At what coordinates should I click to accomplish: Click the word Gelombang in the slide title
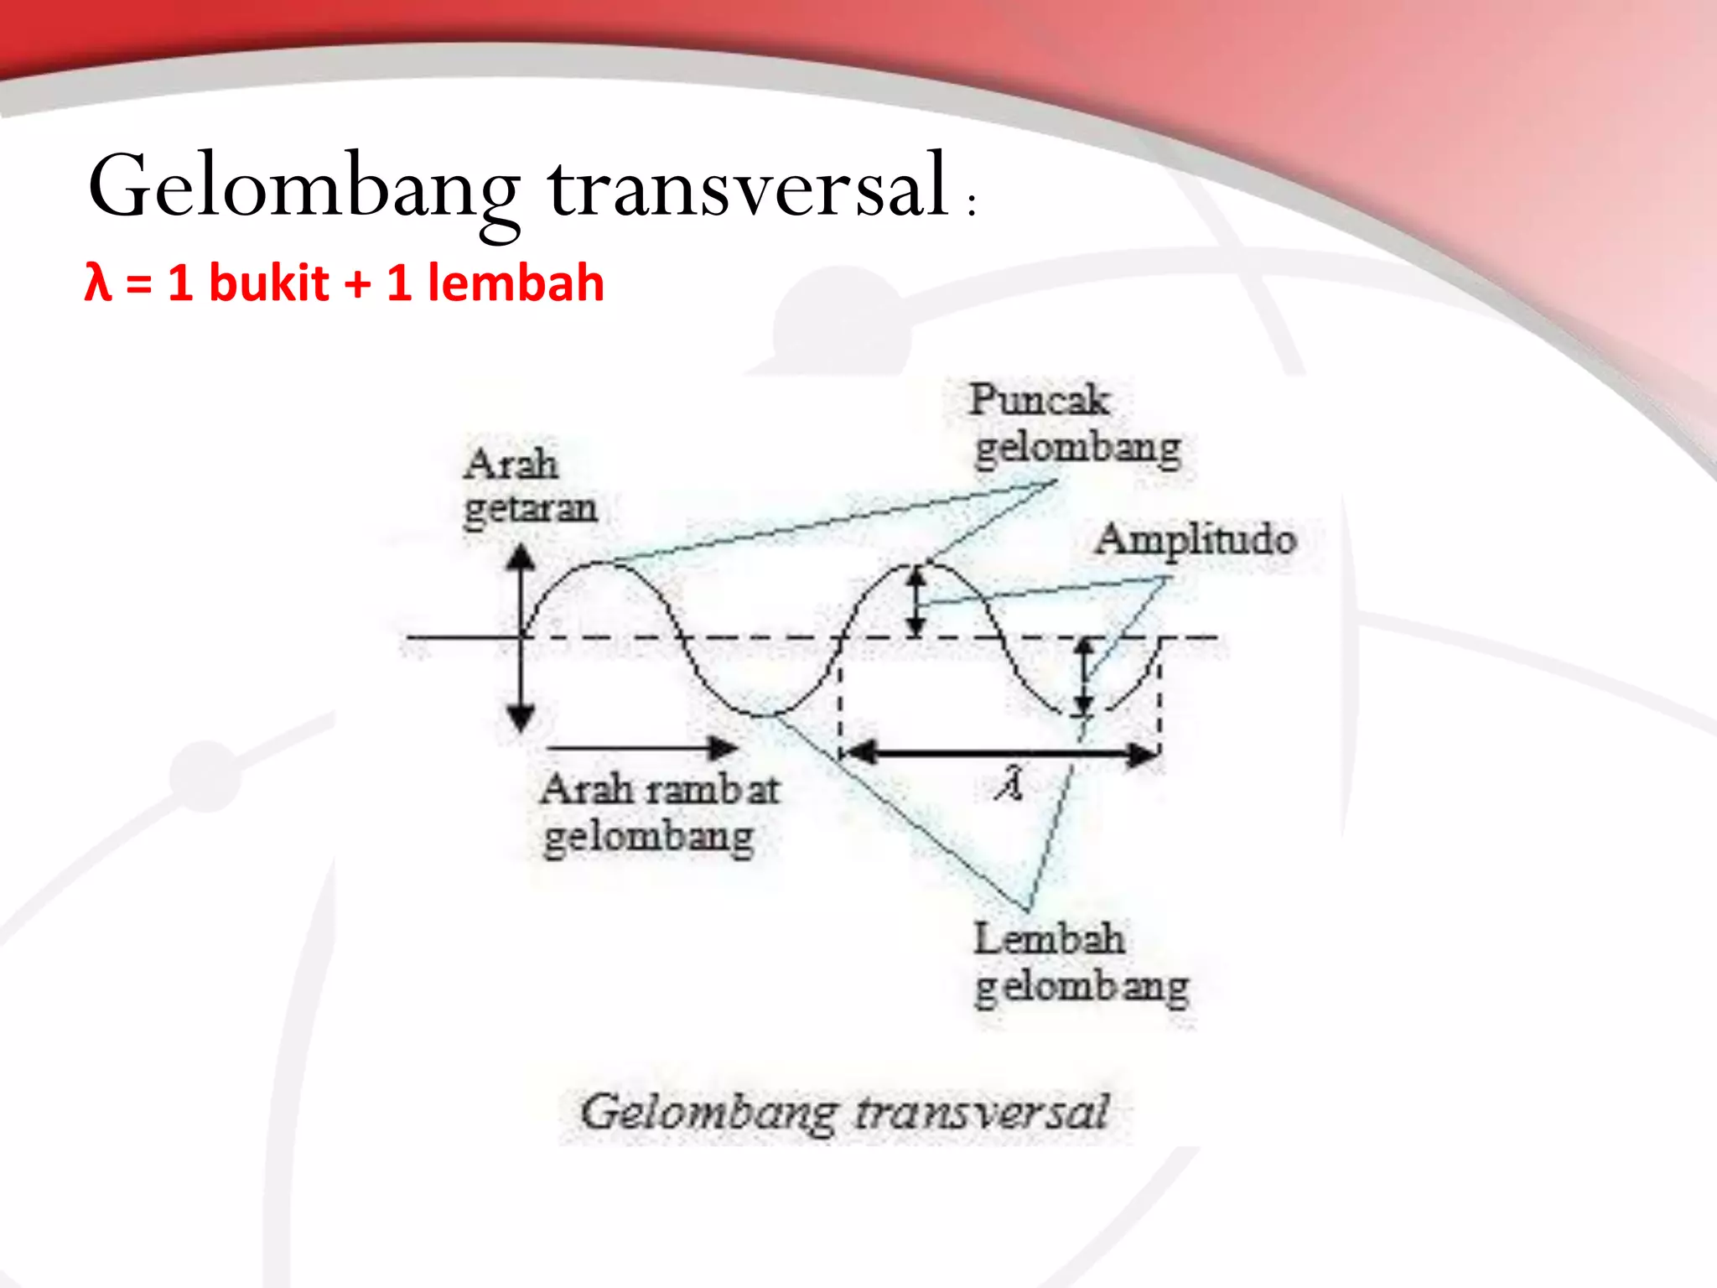coord(303,186)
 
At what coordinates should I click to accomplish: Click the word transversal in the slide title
coord(749,186)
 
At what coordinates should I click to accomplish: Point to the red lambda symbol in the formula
coord(98,283)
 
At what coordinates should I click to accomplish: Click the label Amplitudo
coord(1196,539)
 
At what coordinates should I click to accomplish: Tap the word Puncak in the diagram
coord(1040,399)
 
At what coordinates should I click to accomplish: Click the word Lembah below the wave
coord(1049,938)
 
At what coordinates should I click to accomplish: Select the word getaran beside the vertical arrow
coord(530,508)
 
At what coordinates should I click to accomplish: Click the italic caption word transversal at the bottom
coord(982,1113)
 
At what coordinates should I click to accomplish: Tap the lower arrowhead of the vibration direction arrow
coord(521,718)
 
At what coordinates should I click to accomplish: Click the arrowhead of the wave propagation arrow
coord(723,747)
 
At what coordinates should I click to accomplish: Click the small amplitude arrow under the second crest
coord(916,601)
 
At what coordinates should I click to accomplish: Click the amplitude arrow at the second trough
coord(1085,677)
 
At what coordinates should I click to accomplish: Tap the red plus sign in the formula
coord(357,283)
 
